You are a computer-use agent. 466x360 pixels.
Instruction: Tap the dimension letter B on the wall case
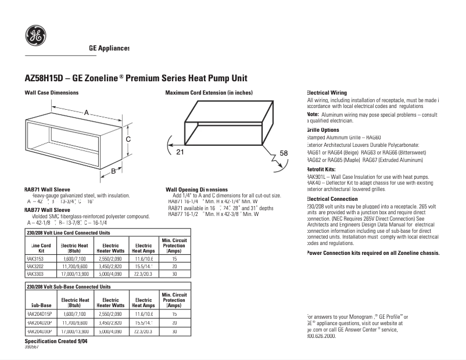pos(114,171)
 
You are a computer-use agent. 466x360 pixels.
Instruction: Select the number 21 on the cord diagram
pos(180,152)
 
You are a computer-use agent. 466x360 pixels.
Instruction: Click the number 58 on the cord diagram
pos(284,153)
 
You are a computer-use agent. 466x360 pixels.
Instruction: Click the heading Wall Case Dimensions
pos(51,93)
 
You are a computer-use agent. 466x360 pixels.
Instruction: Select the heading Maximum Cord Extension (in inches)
pos(209,93)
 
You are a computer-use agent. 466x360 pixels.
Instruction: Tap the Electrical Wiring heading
pos(327,93)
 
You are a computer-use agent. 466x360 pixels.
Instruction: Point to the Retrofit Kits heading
pos(322,169)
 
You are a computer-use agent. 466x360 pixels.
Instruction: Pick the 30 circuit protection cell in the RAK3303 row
pos(174,273)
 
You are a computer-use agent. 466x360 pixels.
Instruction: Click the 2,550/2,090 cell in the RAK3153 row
pos(110,259)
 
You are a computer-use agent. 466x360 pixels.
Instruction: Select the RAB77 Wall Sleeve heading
pos(47,210)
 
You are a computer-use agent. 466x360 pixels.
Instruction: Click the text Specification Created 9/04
pos(56,341)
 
